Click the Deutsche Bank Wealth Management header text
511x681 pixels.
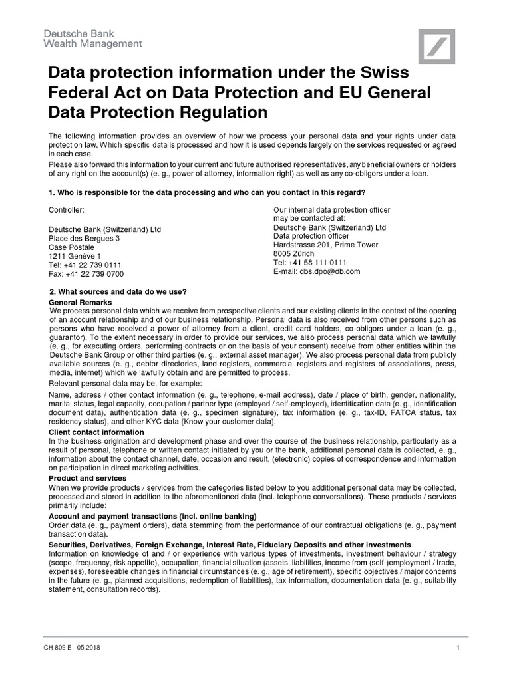point(93,38)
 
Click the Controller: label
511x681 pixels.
point(67,211)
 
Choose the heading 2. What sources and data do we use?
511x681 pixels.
point(118,292)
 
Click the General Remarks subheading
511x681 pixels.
point(81,303)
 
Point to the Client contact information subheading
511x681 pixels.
point(96,432)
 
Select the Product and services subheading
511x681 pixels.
point(88,479)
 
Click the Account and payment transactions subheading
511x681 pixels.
point(152,517)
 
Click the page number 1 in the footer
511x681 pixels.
point(458,648)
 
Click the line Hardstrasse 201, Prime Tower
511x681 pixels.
point(326,245)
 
